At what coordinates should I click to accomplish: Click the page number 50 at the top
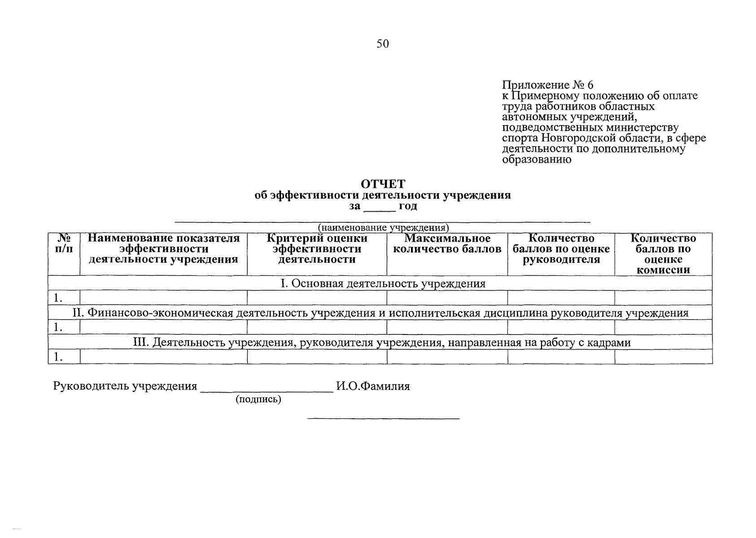[383, 43]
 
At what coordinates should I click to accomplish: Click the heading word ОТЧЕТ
[383, 184]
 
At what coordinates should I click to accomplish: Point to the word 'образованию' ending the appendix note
[537, 159]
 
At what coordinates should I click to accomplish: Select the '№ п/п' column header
[64, 243]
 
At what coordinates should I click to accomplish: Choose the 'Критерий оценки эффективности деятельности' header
[316, 249]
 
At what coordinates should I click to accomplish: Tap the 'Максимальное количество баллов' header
[447, 243]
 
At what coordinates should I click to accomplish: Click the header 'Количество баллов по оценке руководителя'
[561, 249]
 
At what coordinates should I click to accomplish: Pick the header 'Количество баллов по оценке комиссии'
[663, 254]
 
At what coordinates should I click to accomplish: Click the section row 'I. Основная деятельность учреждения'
[383, 283]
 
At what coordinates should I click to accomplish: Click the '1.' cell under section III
[58, 357]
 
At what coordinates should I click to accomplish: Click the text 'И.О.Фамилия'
[373, 386]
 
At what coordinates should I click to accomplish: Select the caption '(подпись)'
[258, 399]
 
